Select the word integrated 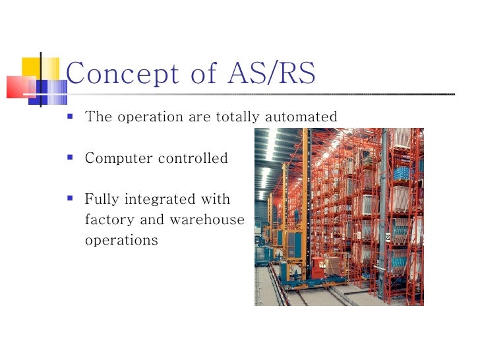(150, 200)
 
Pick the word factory (107, 220)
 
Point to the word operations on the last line (121, 241)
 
